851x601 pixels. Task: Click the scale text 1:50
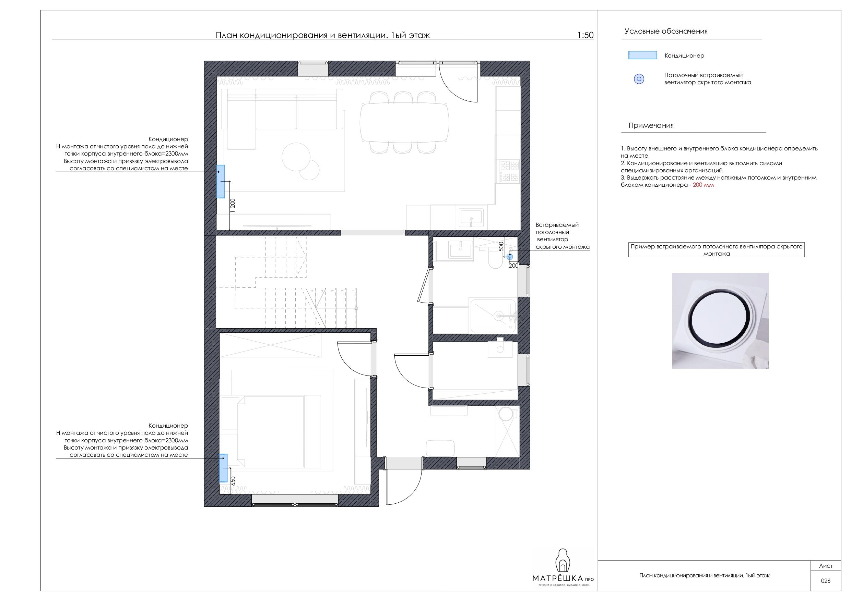[585, 35]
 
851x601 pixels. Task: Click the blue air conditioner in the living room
[221, 182]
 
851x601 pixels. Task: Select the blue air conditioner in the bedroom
[224, 468]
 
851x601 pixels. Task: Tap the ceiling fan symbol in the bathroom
[510, 257]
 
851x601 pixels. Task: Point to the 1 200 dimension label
[233, 206]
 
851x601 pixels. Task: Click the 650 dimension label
[233, 481]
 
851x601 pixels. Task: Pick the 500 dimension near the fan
[501, 246]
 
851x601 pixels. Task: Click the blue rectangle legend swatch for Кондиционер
[642, 56]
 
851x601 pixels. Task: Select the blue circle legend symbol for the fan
[639, 79]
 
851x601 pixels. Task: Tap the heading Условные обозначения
[666, 32]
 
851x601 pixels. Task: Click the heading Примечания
[651, 125]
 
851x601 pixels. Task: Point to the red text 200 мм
[703, 185]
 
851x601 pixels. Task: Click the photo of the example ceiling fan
[720, 321]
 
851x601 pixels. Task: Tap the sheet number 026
[825, 581]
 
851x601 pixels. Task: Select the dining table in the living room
[404, 122]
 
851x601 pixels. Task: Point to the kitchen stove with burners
[510, 171]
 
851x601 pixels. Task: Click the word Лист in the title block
[825, 566]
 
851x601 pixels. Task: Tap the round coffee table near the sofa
[296, 157]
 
